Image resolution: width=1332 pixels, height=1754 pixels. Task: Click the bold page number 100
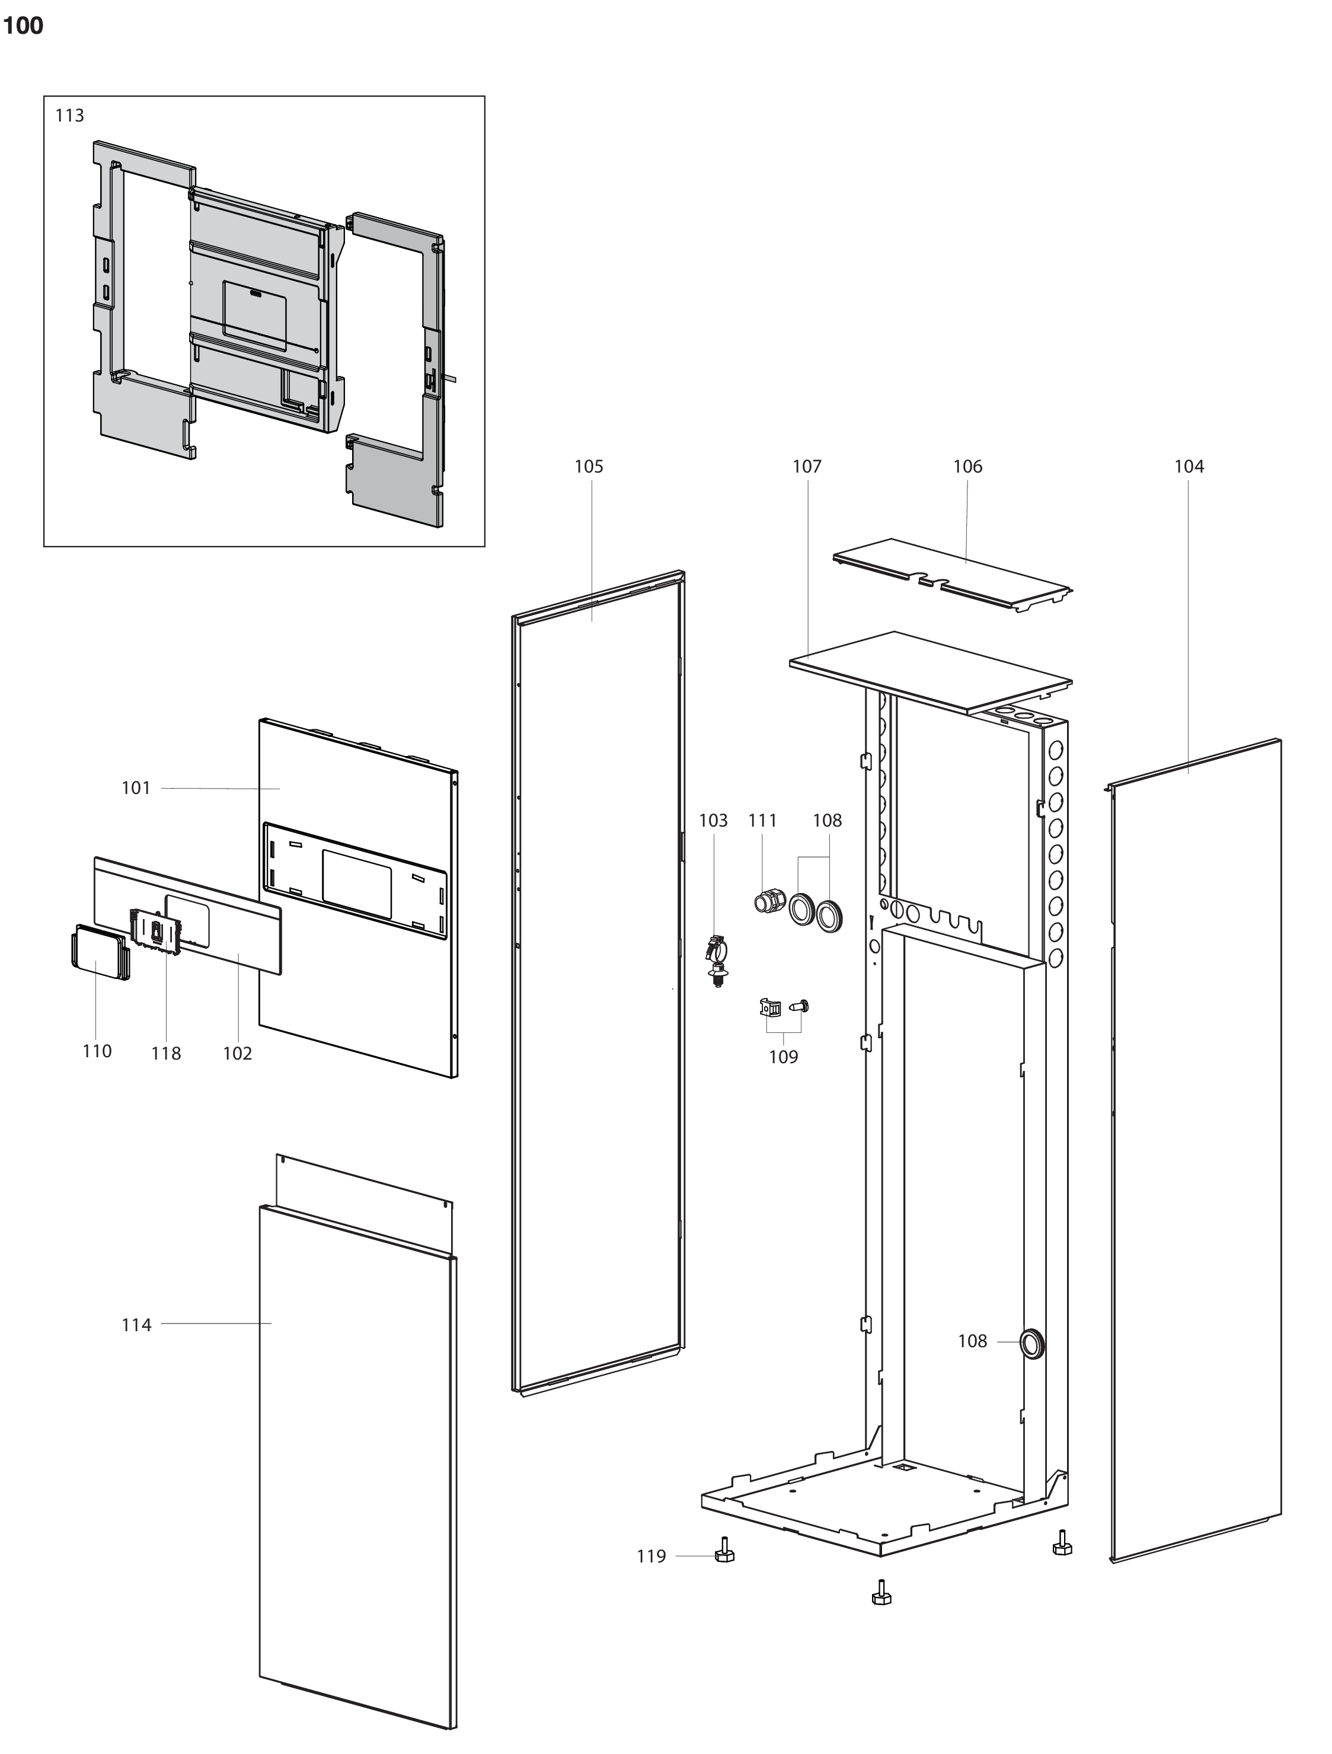23,26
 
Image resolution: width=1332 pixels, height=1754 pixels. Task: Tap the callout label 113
70,116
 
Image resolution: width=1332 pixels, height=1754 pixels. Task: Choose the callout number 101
136,787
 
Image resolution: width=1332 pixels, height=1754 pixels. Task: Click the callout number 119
651,1557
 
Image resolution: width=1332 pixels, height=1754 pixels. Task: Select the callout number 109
783,1057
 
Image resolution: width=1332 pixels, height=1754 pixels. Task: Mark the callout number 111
763,821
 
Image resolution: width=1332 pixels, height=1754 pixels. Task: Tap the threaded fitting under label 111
769,901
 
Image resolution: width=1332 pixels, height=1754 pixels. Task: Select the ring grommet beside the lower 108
1032,1342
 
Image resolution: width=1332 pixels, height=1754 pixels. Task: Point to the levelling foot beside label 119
724,1549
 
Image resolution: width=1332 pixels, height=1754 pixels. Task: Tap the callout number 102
237,1053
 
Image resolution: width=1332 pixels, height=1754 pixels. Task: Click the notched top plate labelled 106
952,575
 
